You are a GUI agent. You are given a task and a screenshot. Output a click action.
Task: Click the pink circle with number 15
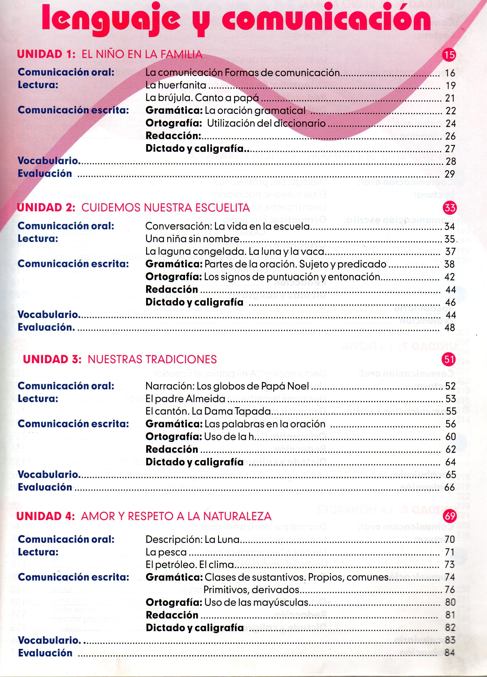coord(449,55)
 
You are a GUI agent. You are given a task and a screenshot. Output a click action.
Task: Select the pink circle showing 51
coord(449,359)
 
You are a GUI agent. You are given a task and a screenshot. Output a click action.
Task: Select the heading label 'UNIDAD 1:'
coord(47,54)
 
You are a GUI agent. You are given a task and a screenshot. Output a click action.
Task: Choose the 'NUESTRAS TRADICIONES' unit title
coord(152,359)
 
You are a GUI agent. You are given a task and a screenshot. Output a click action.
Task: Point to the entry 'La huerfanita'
coord(176,85)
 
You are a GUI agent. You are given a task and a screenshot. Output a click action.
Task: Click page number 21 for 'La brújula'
coord(450,98)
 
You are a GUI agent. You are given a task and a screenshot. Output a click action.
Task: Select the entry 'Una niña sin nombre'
coord(192,239)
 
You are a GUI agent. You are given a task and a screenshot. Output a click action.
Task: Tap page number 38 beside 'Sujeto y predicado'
coord(450,264)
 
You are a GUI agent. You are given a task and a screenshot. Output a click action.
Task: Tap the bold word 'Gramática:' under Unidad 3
coord(174,424)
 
